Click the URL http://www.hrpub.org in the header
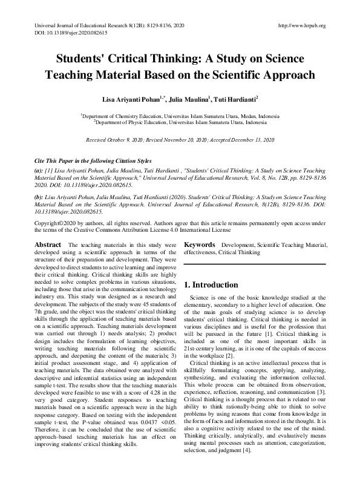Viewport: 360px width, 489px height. [300, 25]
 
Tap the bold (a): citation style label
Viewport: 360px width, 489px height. [38, 172]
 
